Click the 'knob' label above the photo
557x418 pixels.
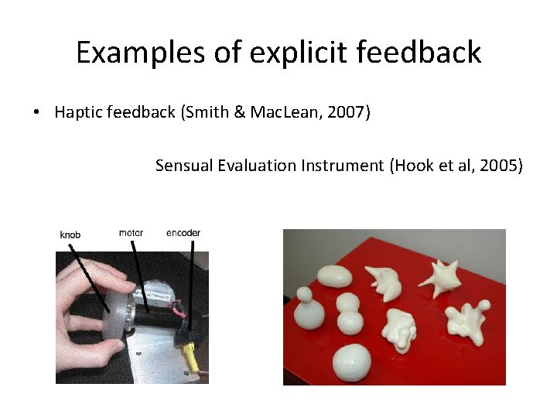[x=70, y=235]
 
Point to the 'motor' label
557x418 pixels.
[x=131, y=232]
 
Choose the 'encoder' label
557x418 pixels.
[x=183, y=232]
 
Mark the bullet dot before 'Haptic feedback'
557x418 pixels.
[x=36, y=113]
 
